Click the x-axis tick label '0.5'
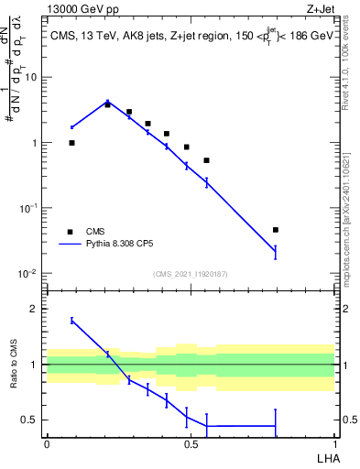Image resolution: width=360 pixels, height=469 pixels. [191, 443]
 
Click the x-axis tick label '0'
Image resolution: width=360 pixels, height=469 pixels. [47, 443]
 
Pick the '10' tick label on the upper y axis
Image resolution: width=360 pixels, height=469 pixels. [30, 77]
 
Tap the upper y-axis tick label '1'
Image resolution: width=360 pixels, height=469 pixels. [34, 143]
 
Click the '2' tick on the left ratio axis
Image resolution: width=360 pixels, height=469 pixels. [36, 309]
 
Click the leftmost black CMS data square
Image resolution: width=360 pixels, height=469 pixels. [71, 143]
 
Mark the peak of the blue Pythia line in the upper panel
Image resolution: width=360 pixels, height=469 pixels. [107, 102]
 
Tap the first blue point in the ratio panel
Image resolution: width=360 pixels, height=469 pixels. [71, 321]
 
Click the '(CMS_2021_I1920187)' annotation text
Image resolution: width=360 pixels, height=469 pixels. [190, 273]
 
